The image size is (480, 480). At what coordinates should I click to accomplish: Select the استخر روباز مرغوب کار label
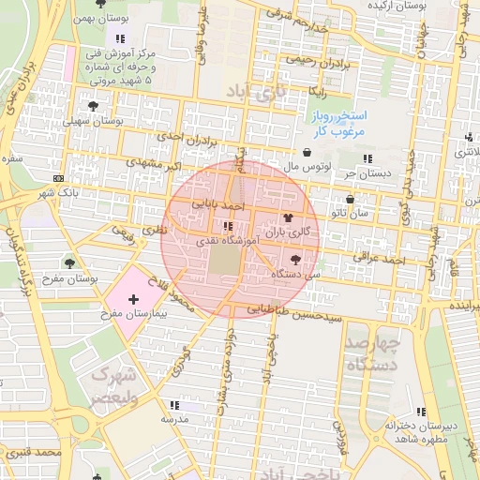[338, 123]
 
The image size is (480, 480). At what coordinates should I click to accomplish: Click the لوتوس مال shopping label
[308, 166]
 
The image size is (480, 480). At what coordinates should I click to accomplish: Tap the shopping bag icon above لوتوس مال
[307, 152]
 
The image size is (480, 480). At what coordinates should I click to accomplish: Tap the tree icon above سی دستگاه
[295, 259]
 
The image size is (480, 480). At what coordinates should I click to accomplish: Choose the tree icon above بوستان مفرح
[69, 263]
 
